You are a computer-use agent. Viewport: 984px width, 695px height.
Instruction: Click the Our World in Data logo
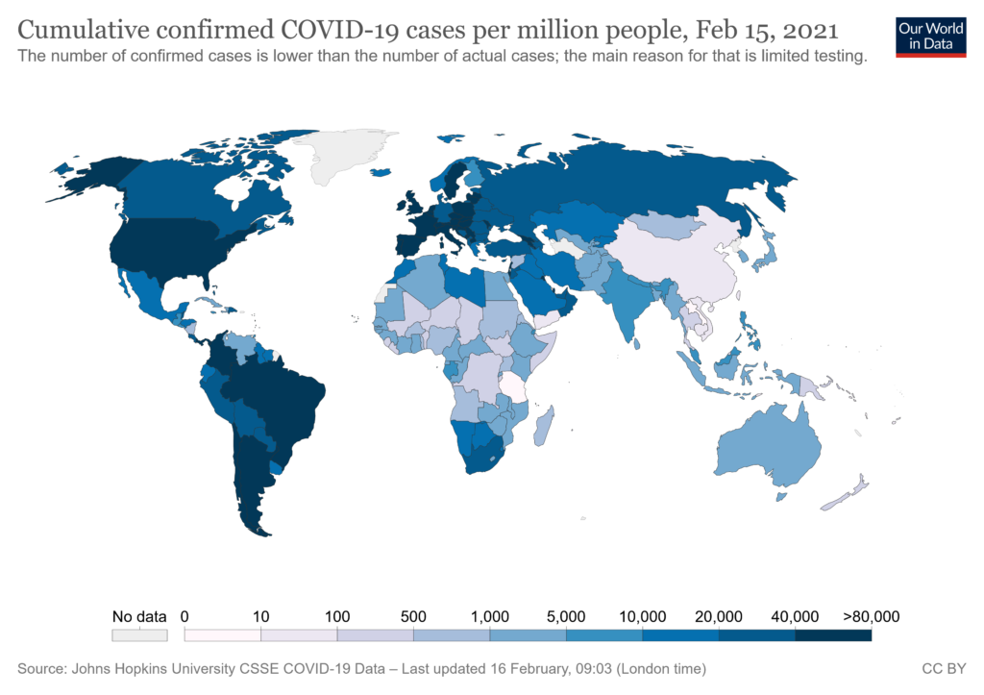tap(929, 35)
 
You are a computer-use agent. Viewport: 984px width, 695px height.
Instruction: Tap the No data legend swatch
tap(139, 635)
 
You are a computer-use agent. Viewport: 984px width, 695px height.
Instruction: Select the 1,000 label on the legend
tap(489, 616)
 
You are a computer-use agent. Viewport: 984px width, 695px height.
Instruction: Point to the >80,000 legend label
tap(871, 616)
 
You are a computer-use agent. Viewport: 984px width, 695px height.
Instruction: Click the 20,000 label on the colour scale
tap(718, 616)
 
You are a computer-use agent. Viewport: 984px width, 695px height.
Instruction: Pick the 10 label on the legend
tap(260, 616)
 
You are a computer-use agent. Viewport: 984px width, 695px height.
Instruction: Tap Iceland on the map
tap(381, 173)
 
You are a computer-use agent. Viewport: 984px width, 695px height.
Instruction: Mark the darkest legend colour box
tap(832, 635)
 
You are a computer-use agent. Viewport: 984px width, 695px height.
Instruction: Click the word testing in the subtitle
tap(837, 57)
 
